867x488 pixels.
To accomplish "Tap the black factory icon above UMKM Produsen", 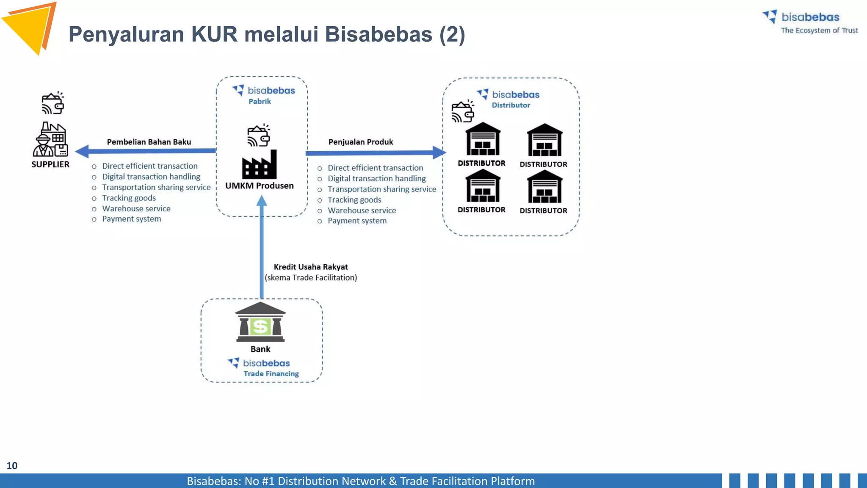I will tap(260, 165).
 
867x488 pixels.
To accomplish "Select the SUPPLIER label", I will tap(50, 164).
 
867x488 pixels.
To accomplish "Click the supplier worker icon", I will tap(50, 140).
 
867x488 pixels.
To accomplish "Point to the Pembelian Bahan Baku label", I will tap(149, 142).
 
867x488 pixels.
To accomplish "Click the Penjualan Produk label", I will tap(361, 142).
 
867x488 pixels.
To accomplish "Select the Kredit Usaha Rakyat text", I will tap(311, 267).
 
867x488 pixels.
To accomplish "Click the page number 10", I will tap(12, 466).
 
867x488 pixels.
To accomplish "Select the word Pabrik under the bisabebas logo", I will tap(260, 101).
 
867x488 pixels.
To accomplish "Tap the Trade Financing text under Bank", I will tap(271, 374).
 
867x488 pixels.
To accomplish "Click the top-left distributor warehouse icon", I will tap(483, 139).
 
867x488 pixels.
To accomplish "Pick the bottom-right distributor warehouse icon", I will tap(544, 187).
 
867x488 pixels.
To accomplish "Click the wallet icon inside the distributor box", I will tap(463, 111).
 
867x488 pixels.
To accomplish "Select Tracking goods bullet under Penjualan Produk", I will tap(354, 200).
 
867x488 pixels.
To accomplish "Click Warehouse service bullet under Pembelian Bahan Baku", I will tap(136, 208).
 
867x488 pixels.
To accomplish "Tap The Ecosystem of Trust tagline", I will tap(819, 30).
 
